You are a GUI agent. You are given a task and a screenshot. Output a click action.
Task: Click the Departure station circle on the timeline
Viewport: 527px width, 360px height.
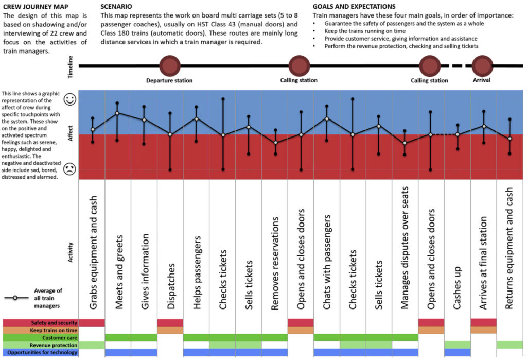169,66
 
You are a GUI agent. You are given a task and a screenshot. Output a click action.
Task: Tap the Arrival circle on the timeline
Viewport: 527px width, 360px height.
482,66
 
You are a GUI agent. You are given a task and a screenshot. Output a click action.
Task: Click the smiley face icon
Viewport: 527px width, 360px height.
69,100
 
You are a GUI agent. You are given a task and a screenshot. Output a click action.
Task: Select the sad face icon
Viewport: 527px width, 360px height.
69,169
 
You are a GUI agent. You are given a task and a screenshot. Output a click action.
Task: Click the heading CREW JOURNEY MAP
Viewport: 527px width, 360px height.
33,7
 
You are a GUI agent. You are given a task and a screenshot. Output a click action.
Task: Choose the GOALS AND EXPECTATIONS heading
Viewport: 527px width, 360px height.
354,7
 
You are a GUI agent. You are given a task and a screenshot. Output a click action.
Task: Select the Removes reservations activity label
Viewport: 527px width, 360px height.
275,263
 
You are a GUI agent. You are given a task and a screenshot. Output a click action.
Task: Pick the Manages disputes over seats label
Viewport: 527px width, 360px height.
406,248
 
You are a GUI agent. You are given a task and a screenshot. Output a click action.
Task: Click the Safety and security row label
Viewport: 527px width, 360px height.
40,323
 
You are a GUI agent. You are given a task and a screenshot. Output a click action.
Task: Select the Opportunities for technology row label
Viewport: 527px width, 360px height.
40,352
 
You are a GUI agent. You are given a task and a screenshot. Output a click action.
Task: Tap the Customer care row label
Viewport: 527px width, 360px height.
40,337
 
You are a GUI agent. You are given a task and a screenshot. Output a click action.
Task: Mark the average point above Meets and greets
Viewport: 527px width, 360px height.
117,113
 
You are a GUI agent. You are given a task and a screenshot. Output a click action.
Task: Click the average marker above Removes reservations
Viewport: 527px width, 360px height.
275,143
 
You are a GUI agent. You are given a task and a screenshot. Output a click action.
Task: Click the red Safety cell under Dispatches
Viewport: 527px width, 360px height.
170,322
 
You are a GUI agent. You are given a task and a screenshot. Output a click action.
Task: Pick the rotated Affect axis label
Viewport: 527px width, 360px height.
71,134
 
